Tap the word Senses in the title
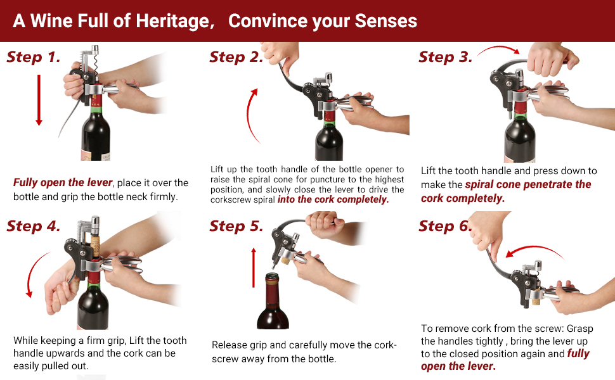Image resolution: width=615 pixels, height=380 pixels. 386,21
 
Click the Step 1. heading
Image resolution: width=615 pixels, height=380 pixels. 34,58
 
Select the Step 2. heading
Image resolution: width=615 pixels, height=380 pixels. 236,58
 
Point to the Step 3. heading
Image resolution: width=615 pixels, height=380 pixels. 445,58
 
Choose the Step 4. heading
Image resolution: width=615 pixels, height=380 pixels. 34,226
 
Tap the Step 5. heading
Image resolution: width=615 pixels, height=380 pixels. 236,226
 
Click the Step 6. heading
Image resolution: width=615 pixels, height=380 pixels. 445,226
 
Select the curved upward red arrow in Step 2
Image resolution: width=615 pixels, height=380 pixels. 252,114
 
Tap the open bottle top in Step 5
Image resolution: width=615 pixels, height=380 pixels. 272,279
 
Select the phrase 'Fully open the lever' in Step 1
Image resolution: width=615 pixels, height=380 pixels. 63,182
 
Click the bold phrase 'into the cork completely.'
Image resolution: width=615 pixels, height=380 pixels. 333,199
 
